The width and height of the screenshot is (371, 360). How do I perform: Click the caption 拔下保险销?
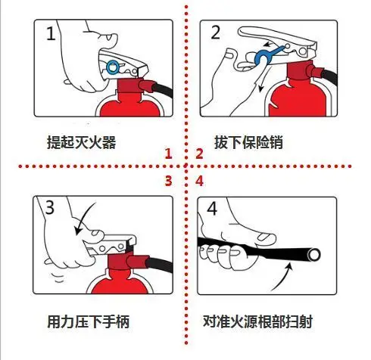point(249,142)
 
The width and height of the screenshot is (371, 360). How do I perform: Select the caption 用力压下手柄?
point(88,321)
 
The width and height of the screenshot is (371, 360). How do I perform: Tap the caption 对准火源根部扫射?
point(258,321)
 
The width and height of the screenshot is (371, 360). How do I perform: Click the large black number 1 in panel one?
point(50,33)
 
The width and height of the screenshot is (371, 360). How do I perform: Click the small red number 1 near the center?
point(170,154)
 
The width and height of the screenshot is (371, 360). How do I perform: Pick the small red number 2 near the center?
point(199,154)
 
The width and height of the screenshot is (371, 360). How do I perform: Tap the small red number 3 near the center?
point(170,181)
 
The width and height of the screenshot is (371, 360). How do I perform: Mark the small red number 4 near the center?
point(199,181)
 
